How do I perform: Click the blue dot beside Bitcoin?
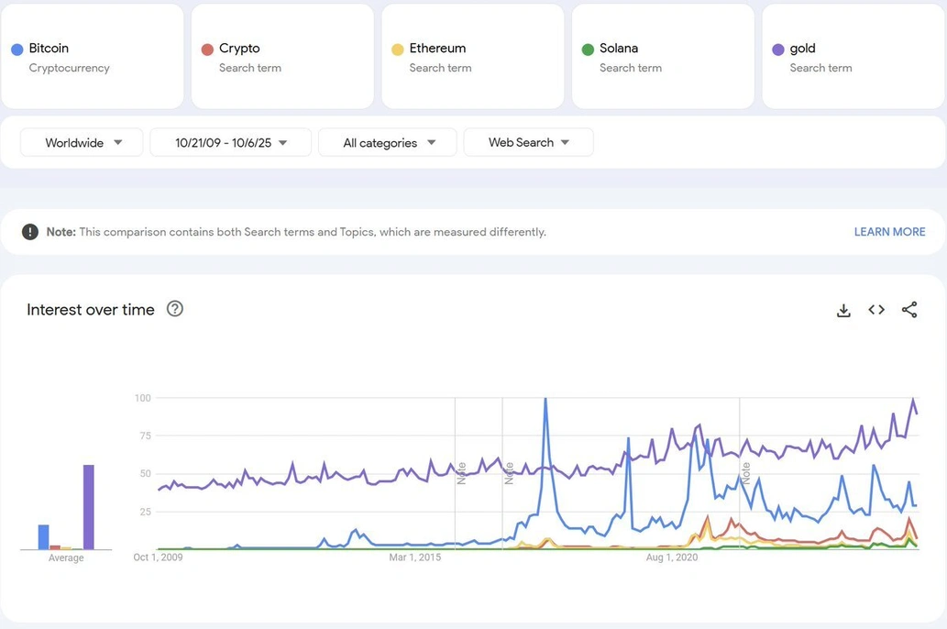pos(17,50)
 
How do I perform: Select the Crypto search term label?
pos(239,49)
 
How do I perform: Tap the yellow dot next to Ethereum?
pos(397,50)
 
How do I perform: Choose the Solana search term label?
pos(618,49)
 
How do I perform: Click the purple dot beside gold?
pos(777,50)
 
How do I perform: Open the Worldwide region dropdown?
pos(83,143)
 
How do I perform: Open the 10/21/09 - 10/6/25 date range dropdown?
pos(231,143)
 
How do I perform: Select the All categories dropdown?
pos(388,143)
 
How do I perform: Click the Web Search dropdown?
pos(528,143)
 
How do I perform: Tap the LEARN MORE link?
pos(889,232)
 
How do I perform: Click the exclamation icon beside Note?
pos(30,232)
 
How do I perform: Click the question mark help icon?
pos(175,309)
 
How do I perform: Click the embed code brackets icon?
pos(876,310)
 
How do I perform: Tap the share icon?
pos(909,310)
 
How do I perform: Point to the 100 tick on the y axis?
pos(142,398)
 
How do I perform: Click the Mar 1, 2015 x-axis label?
pos(414,557)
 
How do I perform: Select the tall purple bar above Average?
pos(89,507)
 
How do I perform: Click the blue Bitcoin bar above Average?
pos(43,536)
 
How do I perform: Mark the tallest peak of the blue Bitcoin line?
pos(545,399)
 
